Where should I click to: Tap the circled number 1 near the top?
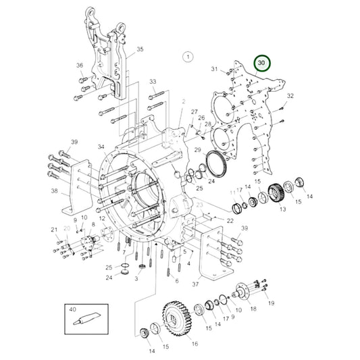[188, 58]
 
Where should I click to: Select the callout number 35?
[140, 49]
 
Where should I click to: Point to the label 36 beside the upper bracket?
[80, 66]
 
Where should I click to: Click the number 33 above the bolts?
[153, 82]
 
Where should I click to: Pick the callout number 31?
[214, 70]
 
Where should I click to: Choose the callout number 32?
[290, 97]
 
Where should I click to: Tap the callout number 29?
[198, 149]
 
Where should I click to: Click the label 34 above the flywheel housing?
[101, 147]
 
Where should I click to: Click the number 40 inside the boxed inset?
[73, 309]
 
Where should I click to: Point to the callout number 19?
[271, 303]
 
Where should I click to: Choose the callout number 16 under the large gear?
[195, 343]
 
